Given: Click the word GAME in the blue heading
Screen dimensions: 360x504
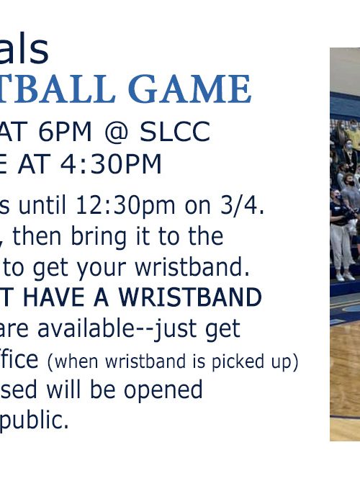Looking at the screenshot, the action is tap(189, 89).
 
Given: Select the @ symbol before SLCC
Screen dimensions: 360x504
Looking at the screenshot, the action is tap(116, 132).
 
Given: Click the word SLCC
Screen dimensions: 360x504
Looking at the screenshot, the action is tap(175, 132).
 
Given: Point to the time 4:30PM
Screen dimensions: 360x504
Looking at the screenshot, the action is tap(111, 164).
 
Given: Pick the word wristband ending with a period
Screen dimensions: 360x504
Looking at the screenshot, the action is tap(192, 266).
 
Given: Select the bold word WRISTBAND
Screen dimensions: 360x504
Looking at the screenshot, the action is tap(190, 297).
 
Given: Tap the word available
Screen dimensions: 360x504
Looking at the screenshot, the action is tap(93, 328).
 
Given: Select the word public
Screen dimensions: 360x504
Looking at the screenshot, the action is tap(34, 420).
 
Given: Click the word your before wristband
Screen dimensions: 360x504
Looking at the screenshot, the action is tap(99, 269).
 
